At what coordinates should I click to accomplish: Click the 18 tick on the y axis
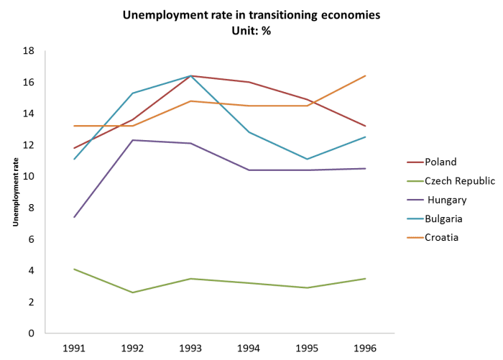pos(29,52)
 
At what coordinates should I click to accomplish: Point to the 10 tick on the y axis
pos(29,177)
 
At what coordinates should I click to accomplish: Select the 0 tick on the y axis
pos(32,333)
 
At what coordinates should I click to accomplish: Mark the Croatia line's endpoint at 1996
pos(366,75)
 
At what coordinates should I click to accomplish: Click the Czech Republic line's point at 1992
pos(132,292)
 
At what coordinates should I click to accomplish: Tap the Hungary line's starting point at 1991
pos(74,218)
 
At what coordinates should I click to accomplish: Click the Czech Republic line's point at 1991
pos(74,269)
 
